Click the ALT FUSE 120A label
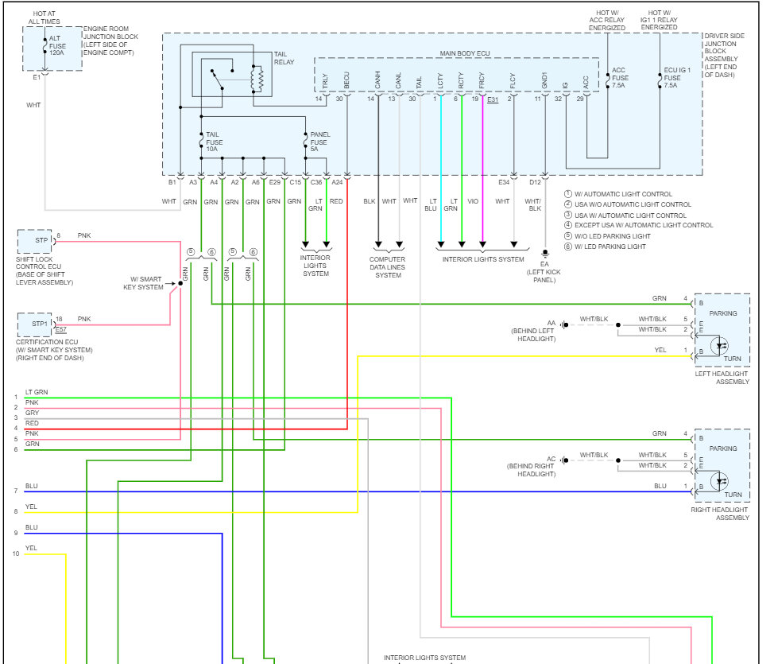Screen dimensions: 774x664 coord(57,45)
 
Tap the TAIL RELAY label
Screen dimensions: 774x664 coord(284,58)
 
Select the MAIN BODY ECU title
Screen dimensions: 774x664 coord(465,52)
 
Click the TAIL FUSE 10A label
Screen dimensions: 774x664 coord(215,142)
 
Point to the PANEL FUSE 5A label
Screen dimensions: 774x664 coord(320,142)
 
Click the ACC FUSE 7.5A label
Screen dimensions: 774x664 coord(620,78)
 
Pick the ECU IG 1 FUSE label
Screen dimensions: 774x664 coord(677,78)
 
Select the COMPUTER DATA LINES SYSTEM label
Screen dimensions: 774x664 coord(388,267)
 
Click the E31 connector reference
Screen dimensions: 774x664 coord(493,99)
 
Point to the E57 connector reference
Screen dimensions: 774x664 coord(60,329)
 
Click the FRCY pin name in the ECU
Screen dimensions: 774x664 coord(482,81)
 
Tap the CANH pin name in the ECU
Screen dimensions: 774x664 coord(377,80)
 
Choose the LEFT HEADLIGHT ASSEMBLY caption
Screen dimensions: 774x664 coord(722,378)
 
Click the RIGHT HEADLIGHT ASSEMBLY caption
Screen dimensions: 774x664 coord(720,514)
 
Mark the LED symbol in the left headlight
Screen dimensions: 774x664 coord(720,345)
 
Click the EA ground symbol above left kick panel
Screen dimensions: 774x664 coord(545,254)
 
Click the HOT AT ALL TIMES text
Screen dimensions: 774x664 coord(44,17)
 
